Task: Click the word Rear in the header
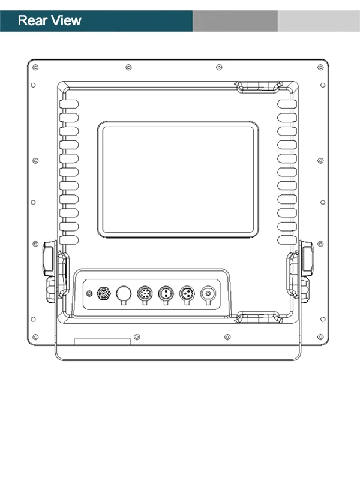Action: (32, 20)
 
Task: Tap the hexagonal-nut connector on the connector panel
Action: (103, 294)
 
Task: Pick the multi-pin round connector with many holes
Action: (145, 294)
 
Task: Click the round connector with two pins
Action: (166, 294)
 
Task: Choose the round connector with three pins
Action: (187, 294)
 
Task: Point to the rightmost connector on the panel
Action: (208, 294)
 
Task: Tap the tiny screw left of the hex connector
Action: (89, 294)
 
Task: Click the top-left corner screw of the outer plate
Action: (35, 67)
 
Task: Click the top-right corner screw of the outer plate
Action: (320, 67)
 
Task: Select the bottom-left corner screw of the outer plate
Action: (35, 337)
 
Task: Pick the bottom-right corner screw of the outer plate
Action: (320, 337)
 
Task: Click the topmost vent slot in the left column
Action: (69, 104)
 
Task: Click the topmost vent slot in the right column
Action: (287, 104)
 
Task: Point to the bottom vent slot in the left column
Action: (69, 240)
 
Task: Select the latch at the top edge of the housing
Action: (259, 87)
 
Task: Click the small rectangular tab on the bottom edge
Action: (103, 342)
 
